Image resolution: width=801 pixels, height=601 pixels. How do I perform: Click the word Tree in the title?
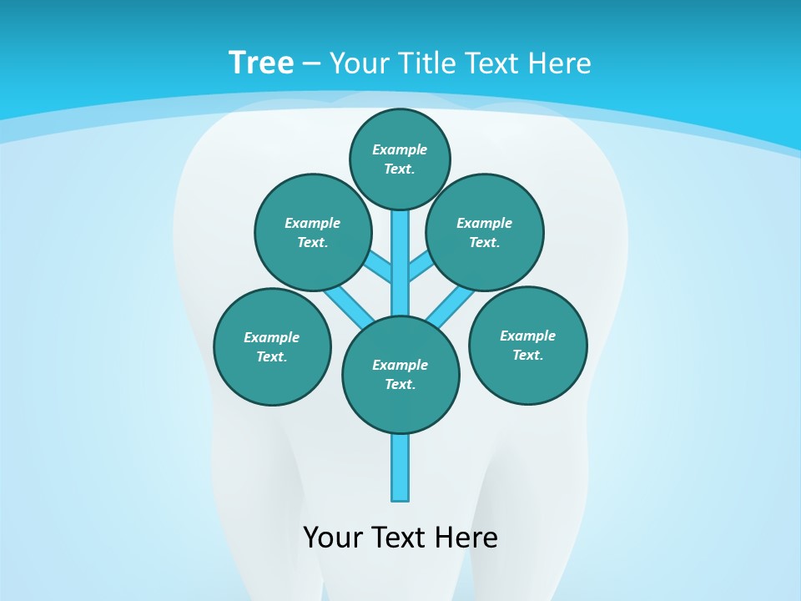tap(261, 63)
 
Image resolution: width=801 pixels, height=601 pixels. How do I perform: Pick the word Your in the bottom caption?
tap(334, 537)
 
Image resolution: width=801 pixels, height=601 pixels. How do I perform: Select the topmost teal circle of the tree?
tap(400, 159)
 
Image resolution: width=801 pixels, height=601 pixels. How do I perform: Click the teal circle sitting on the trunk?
tap(400, 375)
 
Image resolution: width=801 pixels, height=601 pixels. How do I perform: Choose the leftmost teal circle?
tap(272, 347)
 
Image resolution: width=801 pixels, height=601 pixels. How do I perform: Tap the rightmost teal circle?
tap(528, 346)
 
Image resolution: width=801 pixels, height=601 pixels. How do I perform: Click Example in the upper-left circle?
tap(312, 223)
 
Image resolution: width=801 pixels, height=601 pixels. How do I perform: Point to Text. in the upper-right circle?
tap(484, 243)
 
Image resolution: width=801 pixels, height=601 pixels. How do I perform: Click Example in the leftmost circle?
tap(271, 337)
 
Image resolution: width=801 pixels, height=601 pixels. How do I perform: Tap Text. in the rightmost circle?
tap(527, 356)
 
